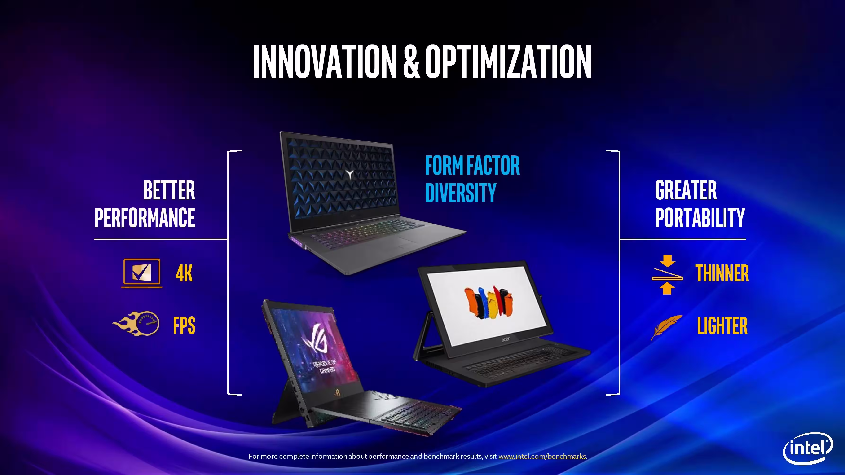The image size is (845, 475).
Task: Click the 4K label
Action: [184, 273]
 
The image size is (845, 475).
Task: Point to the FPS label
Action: [184, 325]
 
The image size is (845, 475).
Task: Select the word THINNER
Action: [722, 273]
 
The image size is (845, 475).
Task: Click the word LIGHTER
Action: [722, 325]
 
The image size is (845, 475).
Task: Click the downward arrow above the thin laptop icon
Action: [667, 261]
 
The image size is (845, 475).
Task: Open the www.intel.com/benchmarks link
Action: [542, 456]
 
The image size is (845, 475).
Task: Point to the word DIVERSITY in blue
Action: [461, 193]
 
